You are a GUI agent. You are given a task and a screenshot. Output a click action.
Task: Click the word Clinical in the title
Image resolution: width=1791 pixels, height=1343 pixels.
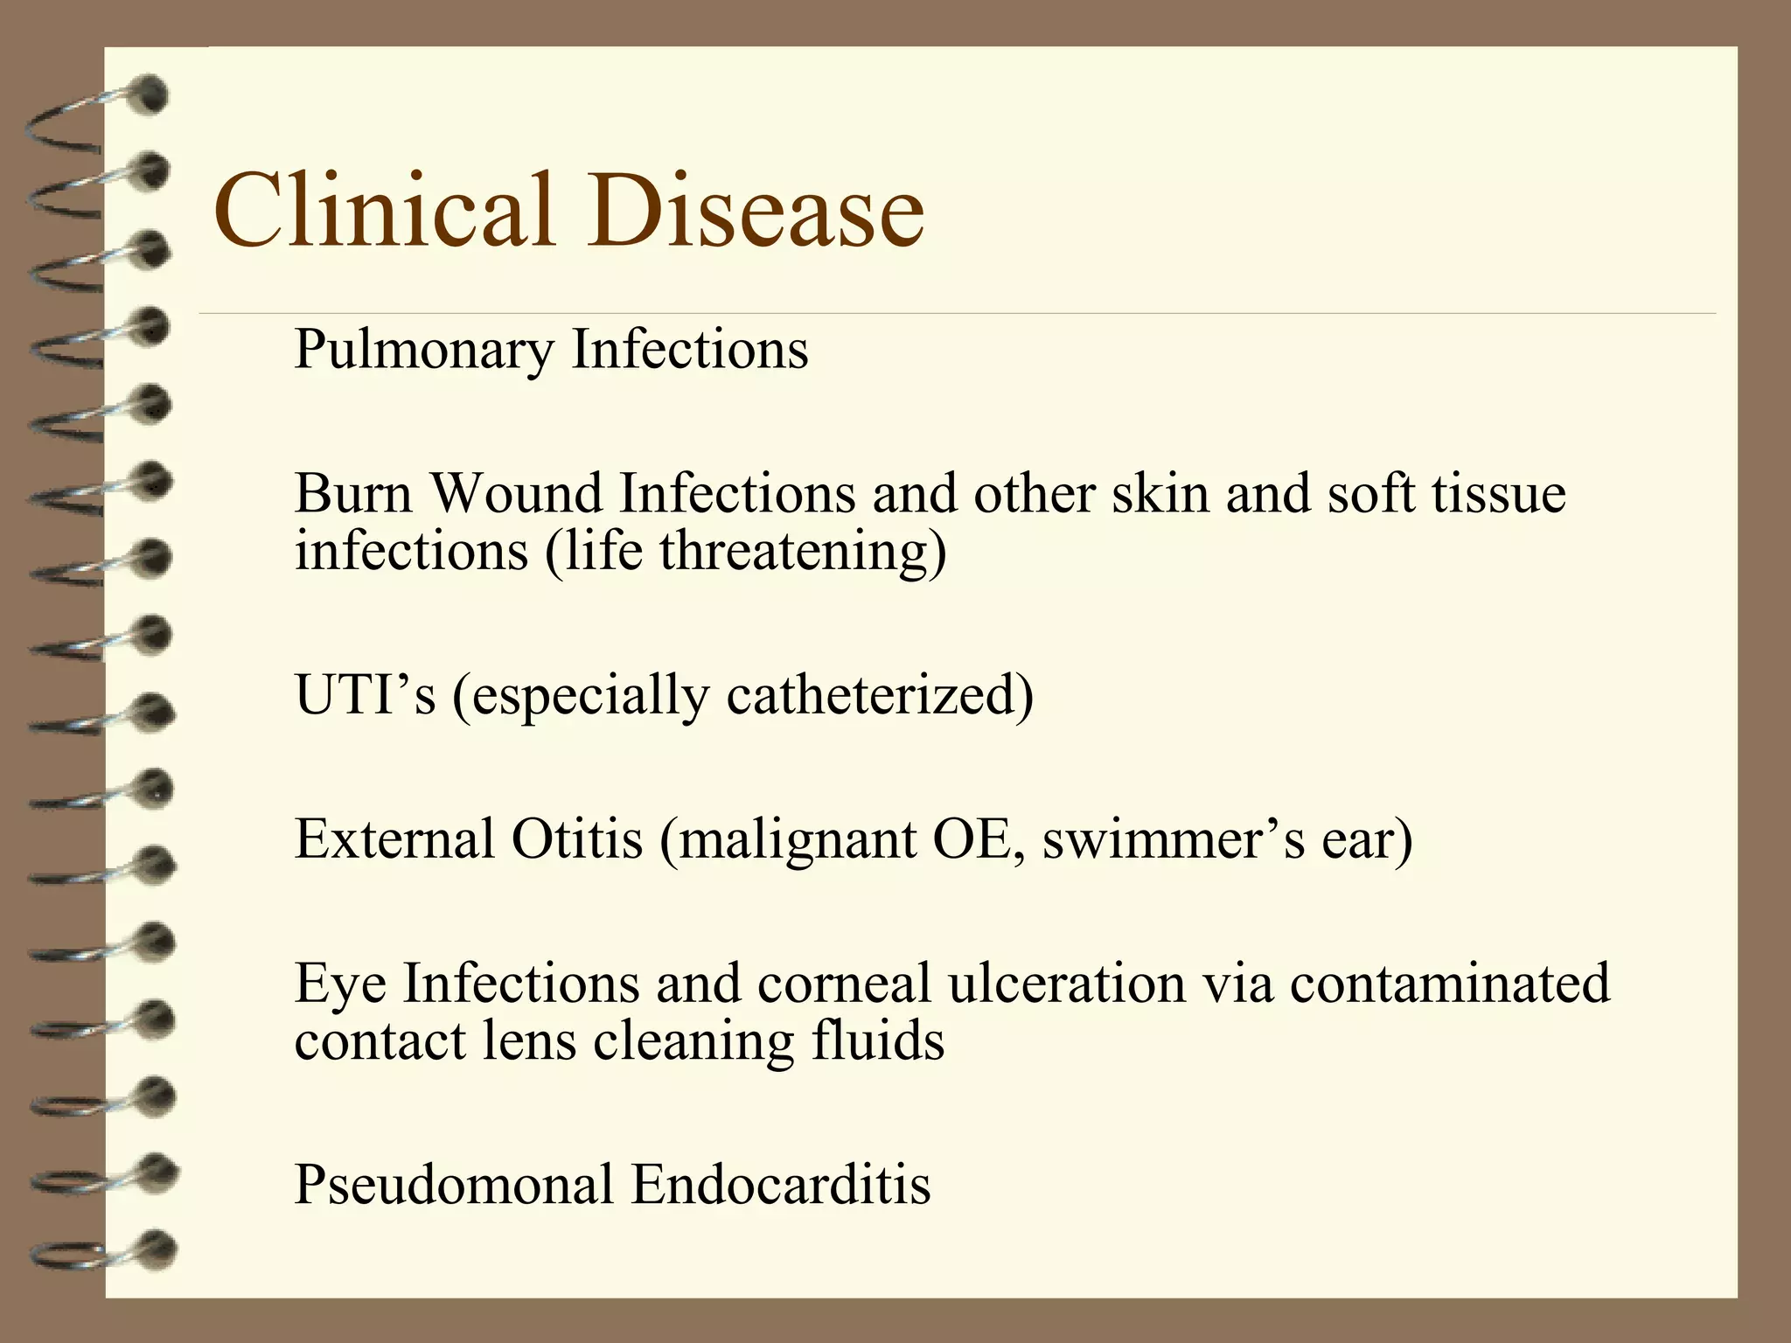pos(385,212)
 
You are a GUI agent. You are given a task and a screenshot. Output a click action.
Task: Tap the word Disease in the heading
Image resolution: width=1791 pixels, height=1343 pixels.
pos(756,212)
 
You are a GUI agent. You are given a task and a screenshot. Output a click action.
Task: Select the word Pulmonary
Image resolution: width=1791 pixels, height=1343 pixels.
pos(424,350)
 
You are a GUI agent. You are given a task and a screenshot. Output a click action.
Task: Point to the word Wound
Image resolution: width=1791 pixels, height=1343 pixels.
pos(515,493)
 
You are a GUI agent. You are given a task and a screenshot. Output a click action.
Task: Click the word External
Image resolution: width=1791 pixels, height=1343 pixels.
pos(394,839)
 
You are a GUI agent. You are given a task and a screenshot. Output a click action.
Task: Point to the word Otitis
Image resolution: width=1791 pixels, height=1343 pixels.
pos(577,839)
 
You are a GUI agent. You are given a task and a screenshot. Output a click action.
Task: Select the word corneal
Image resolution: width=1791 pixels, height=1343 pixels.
pos(844,983)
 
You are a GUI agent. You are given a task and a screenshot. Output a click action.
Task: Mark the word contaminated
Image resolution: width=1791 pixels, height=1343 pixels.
pos(1449,983)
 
